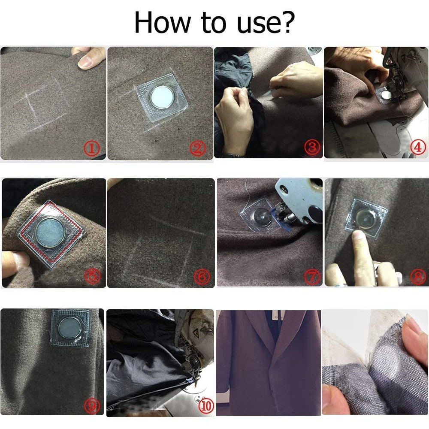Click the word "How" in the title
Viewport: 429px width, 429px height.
pos(163,23)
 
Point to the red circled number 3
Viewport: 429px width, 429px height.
pos(312,148)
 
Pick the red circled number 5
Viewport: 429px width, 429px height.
pos(93,276)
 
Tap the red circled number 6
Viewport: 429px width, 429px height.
pos(202,277)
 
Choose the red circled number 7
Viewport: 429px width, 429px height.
pos(312,276)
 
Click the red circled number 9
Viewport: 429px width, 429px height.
pos(92,406)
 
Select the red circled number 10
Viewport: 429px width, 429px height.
pos(206,406)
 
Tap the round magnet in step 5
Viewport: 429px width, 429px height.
pos(50,232)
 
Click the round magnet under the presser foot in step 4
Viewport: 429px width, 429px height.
pos(387,95)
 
